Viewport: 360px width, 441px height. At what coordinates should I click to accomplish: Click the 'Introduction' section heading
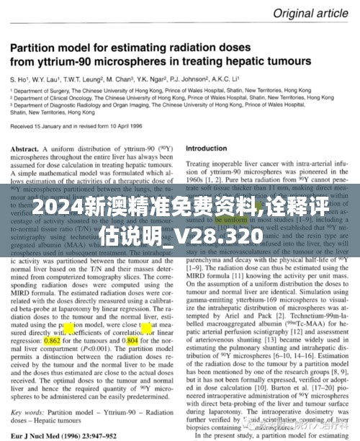click(x=206, y=149)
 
